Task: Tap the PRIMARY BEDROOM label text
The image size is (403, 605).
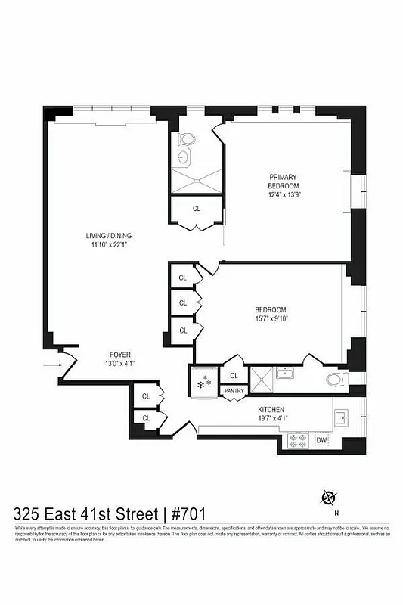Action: pyautogui.click(x=284, y=181)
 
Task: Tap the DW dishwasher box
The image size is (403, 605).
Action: pyautogui.click(x=321, y=440)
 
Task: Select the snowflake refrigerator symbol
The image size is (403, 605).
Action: pyautogui.click(x=202, y=384)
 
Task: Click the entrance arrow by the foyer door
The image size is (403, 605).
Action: pyautogui.click(x=51, y=365)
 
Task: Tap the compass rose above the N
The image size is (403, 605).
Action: pyautogui.click(x=329, y=497)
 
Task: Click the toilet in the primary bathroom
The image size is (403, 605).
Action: pyautogui.click(x=186, y=140)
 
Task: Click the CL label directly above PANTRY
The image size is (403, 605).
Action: pyautogui.click(x=234, y=375)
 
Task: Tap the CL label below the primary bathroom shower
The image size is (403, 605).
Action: pyautogui.click(x=197, y=208)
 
